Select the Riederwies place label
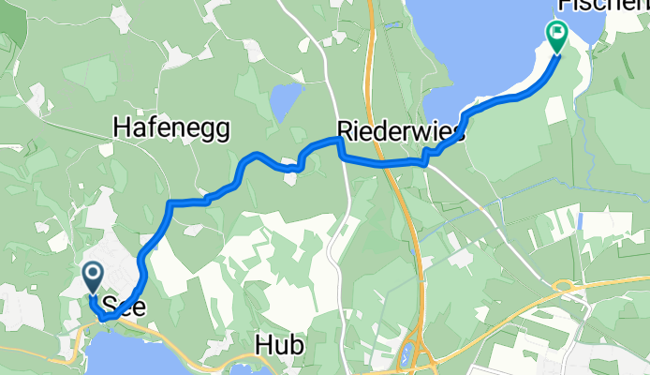click(x=401, y=133)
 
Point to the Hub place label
click(x=279, y=346)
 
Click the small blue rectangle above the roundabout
click(x=581, y=222)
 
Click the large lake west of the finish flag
click(x=468, y=56)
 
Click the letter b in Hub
click(x=296, y=346)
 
